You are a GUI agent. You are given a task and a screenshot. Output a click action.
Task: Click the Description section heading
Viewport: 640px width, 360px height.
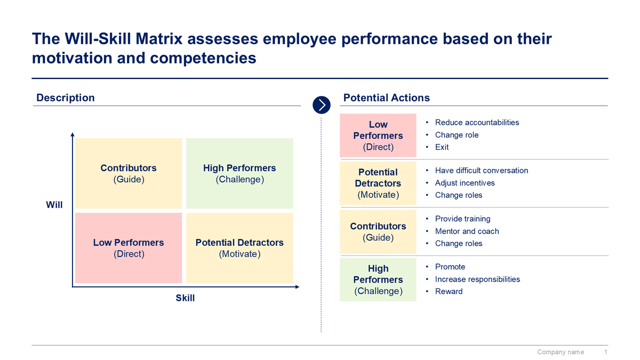click(x=65, y=98)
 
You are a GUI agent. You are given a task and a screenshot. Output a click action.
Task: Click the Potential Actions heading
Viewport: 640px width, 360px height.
click(x=386, y=98)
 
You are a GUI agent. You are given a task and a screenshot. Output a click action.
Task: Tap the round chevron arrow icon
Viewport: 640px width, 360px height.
click(x=322, y=105)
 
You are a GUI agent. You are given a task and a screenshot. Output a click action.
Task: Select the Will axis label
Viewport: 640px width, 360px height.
click(x=54, y=205)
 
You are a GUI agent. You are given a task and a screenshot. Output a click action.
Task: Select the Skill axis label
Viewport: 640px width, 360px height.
click(x=185, y=298)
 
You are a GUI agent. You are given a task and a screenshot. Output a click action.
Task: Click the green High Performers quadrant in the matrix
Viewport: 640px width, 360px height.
click(x=239, y=173)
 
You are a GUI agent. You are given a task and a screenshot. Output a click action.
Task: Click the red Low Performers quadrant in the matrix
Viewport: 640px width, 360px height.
click(x=129, y=248)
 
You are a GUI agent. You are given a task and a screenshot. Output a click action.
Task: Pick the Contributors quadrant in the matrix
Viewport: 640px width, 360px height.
click(x=129, y=173)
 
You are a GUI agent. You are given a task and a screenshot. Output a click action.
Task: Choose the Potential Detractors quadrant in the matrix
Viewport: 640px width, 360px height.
click(x=239, y=248)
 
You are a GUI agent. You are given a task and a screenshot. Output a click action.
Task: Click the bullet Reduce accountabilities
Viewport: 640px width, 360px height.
click(x=477, y=123)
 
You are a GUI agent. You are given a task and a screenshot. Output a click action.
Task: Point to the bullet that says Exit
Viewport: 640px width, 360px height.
click(x=442, y=147)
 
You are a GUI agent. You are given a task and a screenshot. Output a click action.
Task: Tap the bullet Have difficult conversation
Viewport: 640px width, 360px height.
click(x=481, y=171)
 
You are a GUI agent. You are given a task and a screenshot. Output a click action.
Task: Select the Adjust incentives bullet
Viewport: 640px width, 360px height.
click(x=465, y=183)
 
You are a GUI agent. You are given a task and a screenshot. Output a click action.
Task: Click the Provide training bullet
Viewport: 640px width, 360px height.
click(x=462, y=219)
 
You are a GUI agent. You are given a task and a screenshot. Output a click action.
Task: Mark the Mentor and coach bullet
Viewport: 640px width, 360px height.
click(x=467, y=231)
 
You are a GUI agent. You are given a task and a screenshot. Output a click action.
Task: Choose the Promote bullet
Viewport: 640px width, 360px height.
click(x=450, y=267)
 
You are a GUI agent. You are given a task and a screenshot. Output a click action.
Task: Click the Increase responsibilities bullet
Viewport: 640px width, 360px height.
click(x=477, y=279)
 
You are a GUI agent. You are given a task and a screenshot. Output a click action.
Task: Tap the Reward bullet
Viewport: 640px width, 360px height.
click(x=449, y=291)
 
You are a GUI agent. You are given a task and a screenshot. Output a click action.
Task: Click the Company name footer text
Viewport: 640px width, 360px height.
click(x=560, y=352)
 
